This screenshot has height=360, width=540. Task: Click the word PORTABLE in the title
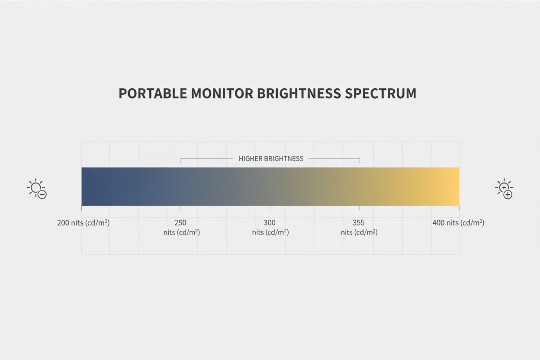click(153, 93)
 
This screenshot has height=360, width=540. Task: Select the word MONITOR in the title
click(222, 93)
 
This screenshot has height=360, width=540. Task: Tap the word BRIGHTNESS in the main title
click(299, 93)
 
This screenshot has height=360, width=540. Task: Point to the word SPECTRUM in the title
click(381, 93)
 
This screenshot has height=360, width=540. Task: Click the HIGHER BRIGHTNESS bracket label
click(271, 159)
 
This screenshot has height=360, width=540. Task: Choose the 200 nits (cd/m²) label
click(84, 223)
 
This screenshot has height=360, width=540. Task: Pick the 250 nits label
click(182, 228)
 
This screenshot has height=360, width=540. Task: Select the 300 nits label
click(270, 228)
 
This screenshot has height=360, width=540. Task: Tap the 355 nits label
click(359, 228)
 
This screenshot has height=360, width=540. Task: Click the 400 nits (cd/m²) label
click(458, 223)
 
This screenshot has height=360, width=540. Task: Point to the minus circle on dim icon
click(42, 195)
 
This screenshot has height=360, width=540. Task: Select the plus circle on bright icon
click(508, 195)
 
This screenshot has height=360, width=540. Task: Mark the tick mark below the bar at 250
click(180, 208)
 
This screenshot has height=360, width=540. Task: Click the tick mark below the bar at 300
click(270, 208)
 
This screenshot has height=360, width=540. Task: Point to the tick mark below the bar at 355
click(360, 208)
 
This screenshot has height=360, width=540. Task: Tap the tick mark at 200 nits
click(81, 208)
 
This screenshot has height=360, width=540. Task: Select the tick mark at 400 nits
click(459, 208)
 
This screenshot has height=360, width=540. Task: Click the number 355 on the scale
click(358, 222)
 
